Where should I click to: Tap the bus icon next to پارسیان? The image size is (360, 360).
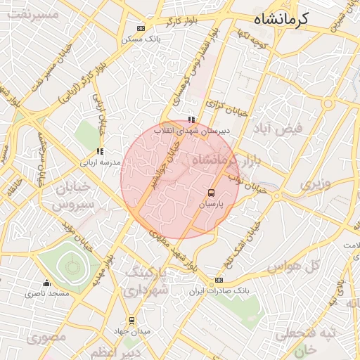(x=211, y=192)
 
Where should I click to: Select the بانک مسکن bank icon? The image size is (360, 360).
(x=141, y=28)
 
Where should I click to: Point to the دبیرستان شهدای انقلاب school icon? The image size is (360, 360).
(x=191, y=120)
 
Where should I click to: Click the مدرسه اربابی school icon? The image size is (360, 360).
(x=100, y=150)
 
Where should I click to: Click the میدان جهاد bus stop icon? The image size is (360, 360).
(x=131, y=321)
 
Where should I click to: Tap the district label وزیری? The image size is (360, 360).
(x=314, y=184)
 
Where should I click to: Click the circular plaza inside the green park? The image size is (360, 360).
(x=70, y=266)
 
